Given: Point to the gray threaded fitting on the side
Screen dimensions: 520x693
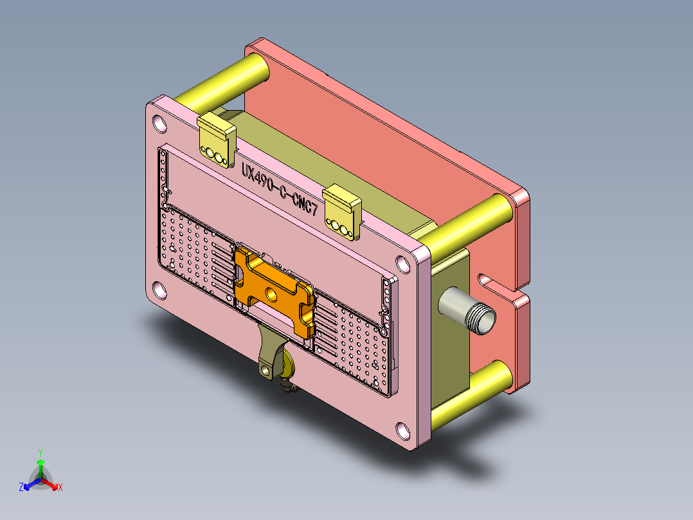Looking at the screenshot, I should pos(468,310).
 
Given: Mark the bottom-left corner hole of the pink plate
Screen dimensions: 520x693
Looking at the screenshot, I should pos(158,290).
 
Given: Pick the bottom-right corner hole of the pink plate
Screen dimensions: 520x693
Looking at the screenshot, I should pos(403,429).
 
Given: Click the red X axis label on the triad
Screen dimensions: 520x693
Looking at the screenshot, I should pos(60,487).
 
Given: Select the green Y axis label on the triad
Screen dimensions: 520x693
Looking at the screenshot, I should pos(40,452).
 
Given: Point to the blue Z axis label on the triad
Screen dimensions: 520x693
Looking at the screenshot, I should pos(21,487).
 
